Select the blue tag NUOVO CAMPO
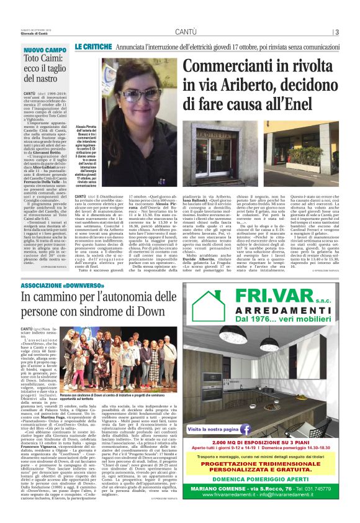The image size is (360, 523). (45, 50)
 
